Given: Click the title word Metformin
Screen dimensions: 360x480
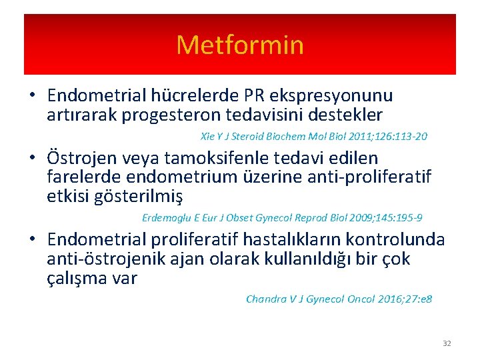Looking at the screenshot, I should point(240,45).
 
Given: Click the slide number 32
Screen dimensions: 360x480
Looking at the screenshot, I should point(447,343).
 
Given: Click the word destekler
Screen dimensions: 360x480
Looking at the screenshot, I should point(345,115).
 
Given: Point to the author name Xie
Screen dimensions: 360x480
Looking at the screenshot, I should point(208,137).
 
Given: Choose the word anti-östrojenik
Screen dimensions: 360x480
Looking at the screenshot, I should point(116,259).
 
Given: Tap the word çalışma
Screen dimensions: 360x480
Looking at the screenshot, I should point(81,278).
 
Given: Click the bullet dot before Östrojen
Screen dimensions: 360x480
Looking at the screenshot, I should point(31,158).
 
